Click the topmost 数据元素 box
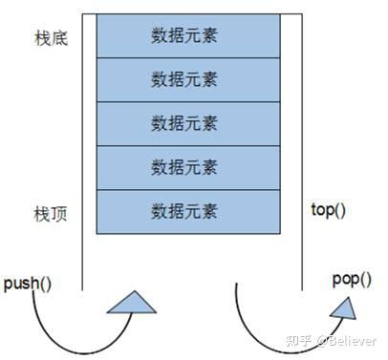[x=184, y=36]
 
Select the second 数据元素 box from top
[x=184, y=80]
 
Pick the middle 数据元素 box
[x=184, y=124]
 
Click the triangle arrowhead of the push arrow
[x=132, y=304]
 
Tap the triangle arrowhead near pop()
[x=343, y=307]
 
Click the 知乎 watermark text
[x=296, y=341]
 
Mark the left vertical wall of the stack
[x=82, y=143]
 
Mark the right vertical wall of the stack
[x=302, y=143]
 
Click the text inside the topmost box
[x=184, y=36]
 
